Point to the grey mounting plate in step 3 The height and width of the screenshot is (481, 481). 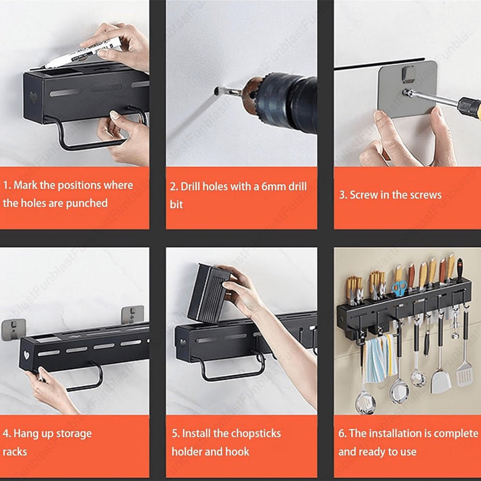pyautogui.click(x=407, y=89)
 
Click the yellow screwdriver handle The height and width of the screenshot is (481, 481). pyautogui.click(x=469, y=107)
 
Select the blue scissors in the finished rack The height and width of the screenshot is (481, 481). pyautogui.click(x=399, y=288)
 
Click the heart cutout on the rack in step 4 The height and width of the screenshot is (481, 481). pyautogui.click(x=26, y=355)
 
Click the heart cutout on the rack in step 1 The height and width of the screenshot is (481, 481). pyautogui.click(x=33, y=97)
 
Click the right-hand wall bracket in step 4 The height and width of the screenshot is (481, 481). pyautogui.click(x=133, y=315)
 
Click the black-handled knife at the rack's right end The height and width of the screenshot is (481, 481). pyautogui.click(x=459, y=270)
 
